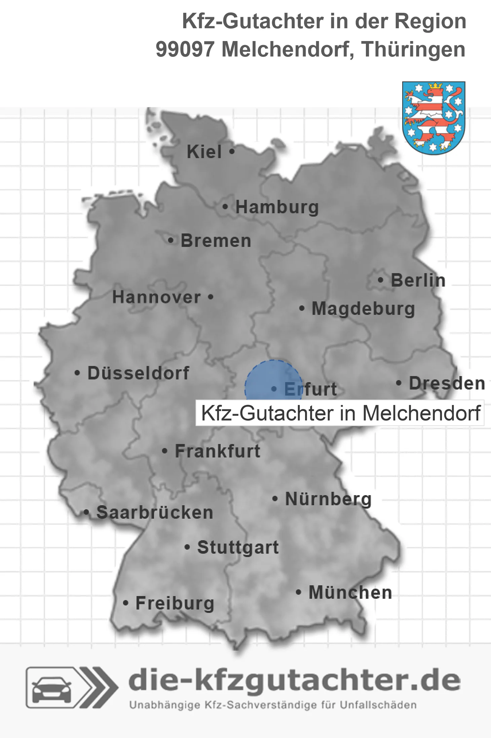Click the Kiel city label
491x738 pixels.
204,152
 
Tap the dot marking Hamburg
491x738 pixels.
225,207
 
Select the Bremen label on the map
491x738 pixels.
216,241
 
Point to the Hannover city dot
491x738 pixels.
211,297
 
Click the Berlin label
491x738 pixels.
418,280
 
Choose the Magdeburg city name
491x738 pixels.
363,309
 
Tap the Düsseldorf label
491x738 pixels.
138,373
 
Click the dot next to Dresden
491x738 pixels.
399,383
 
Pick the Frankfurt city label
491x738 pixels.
218,451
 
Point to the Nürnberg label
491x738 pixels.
328,499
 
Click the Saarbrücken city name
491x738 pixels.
155,513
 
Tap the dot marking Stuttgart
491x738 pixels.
188,547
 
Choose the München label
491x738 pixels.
350,592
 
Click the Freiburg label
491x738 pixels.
175,603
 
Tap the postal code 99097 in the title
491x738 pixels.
185,49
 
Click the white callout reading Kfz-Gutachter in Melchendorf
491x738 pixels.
340,413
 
